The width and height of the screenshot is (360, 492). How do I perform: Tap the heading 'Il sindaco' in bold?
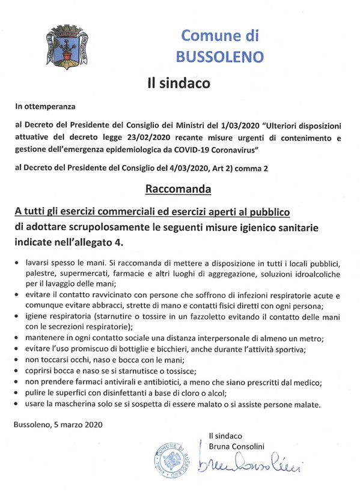click(180, 83)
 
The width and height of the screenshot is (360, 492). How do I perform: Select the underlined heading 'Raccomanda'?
click(179, 190)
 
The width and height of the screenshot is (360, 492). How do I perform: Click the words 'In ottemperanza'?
click(46, 108)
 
